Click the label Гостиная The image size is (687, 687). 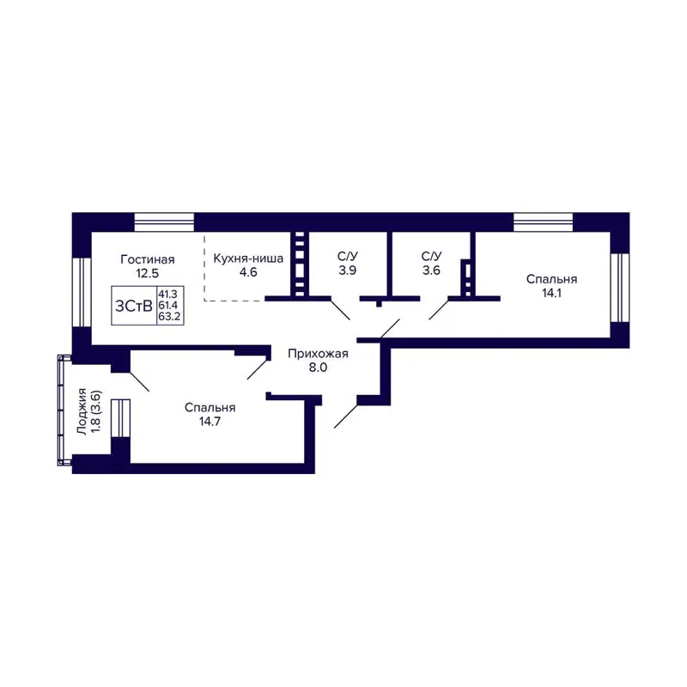click(148, 258)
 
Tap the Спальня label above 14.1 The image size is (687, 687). click(551, 279)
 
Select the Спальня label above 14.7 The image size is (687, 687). click(210, 408)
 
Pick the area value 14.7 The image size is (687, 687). click(210, 423)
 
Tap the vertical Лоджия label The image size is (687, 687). click(82, 411)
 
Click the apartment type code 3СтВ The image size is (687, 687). click(134, 305)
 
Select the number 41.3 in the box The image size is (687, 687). click(167, 294)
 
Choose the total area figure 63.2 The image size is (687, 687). click(167, 316)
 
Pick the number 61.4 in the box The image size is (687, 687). click(167, 305)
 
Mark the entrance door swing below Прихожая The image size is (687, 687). click(347, 414)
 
